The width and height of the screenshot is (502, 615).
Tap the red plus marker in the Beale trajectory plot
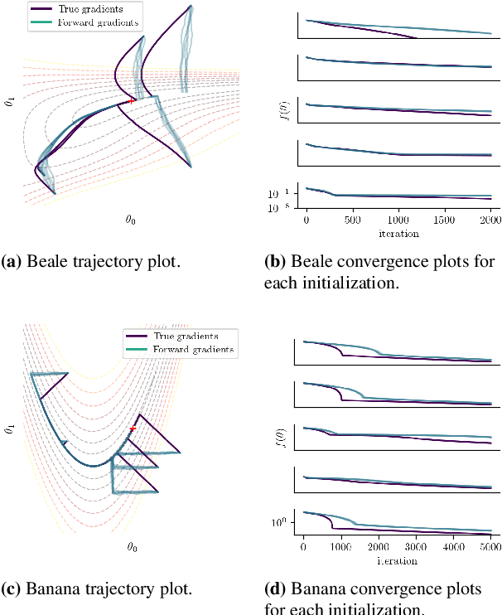tap(132, 101)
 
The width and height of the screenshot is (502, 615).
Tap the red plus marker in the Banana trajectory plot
tap(133, 429)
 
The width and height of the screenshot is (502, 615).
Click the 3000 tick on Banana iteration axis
tap(417, 548)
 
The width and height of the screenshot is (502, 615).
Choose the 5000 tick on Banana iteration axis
tap(491, 548)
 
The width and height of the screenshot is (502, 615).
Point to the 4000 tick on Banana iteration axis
tap(454, 548)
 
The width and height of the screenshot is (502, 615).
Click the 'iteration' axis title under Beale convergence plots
tap(399, 234)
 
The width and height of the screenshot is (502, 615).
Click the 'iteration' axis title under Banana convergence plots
tap(398, 560)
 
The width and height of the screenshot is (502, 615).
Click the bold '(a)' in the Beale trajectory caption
tap(13, 263)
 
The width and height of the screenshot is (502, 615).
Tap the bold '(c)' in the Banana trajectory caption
tap(13, 589)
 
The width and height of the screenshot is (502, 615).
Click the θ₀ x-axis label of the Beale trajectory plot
tap(132, 220)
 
